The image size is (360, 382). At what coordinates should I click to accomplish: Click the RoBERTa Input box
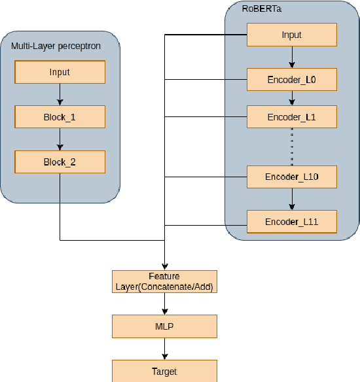(291, 35)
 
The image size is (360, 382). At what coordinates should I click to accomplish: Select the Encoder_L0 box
(291, 80)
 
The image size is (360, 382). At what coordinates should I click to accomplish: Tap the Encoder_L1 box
(291, 117)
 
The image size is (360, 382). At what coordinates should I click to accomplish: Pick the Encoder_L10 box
(291, 177)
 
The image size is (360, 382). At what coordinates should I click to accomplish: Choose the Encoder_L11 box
(291, 222)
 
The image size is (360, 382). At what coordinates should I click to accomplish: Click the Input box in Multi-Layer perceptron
(60, 72)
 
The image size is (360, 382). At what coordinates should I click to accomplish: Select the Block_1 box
(60, 117)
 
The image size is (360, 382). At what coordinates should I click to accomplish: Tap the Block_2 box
(60, 162)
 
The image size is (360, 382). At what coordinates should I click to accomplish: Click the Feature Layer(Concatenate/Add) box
(164, 281)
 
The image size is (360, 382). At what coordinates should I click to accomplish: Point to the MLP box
(164, 326)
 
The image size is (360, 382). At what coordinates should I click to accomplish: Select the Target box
(164, 371)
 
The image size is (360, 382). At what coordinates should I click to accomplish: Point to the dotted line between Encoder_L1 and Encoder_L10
(292, 147)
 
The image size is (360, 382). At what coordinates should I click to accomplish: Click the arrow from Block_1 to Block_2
(60, 139)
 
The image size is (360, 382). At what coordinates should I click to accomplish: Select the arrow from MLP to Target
(164, 349)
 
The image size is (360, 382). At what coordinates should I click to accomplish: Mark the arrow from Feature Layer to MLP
(164, 304)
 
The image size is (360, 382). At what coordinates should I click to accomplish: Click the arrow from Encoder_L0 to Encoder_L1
(292, 98)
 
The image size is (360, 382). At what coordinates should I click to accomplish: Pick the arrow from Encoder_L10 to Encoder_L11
(292, 199)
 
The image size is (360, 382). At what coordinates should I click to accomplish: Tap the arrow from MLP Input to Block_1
(60, 95)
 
